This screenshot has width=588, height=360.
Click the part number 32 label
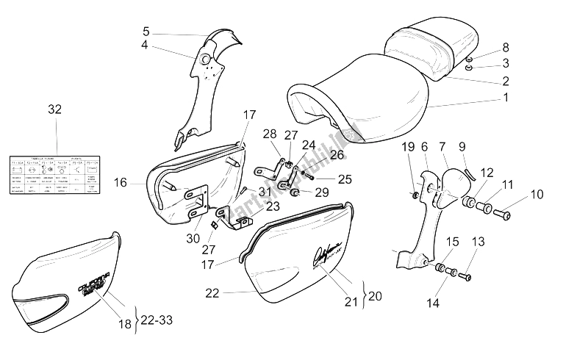tap(54, 109)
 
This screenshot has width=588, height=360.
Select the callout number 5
tap(146, 32)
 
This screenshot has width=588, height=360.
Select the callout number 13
tap(479, 241)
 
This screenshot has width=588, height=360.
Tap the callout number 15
tap(453, 241)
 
